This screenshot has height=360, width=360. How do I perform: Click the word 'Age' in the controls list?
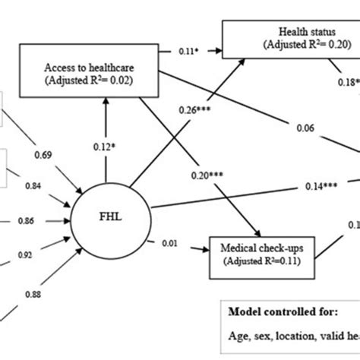point(238,341)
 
